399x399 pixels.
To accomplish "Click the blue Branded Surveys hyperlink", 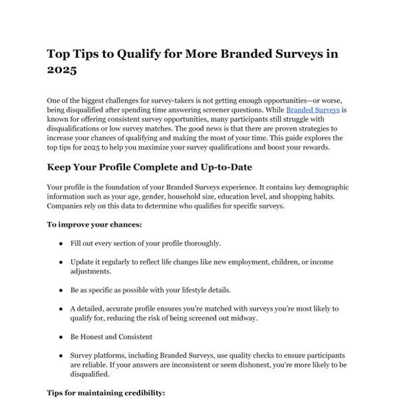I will coord(313,108).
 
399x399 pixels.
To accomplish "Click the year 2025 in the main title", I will coord(62,69).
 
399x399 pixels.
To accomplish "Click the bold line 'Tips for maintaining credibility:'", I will coord(106,394).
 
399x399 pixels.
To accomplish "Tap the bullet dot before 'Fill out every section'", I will coord(62,243).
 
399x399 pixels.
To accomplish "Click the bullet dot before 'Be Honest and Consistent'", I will coord(62,337).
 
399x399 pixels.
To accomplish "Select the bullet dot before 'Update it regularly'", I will coord(62,262).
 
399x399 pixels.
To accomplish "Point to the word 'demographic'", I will coord(325,188).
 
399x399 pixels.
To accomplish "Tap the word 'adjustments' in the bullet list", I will coord(93,271).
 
